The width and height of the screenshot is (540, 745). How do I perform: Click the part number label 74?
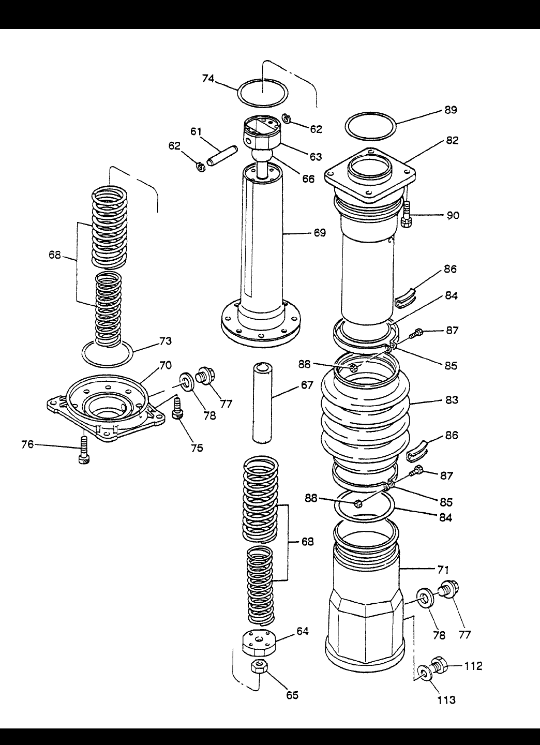pos(208,79)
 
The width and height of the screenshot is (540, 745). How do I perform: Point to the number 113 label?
pos(446,700)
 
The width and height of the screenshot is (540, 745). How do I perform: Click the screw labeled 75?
pos(177,408)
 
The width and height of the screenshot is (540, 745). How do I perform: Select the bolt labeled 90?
pos(407,215)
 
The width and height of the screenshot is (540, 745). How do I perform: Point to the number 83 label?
pos(452,400)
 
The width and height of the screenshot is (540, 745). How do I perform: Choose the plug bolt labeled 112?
pos(440,665)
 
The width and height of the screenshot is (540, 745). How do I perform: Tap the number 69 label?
pos(320,233)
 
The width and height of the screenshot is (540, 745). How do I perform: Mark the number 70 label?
pos(166,365)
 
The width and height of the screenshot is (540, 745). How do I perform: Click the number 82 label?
pos(453,140)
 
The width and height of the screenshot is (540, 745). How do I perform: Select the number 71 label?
pos(443,570)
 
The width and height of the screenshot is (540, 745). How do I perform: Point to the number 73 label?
pos(166,341)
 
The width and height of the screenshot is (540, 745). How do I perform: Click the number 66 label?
pos(308,179)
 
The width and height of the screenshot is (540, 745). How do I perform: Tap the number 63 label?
pos(316,156)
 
